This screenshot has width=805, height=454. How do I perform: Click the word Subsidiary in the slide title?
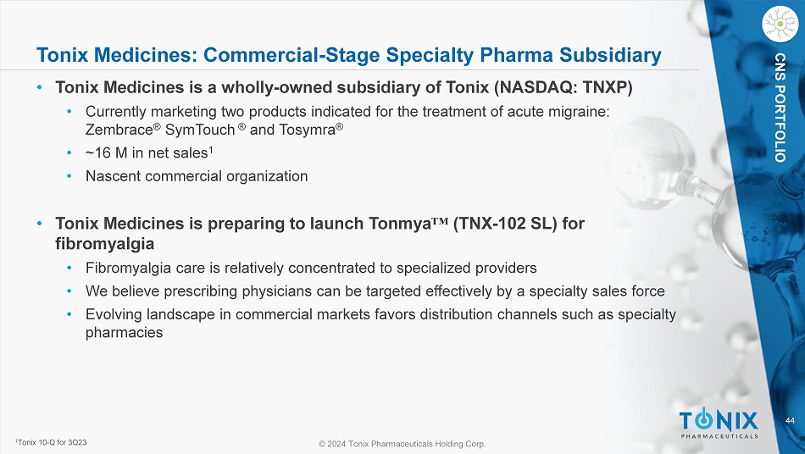coord(610,55)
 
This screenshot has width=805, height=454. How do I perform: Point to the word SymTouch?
coord(200,130)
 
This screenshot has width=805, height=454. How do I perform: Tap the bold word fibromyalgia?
coord(105,244)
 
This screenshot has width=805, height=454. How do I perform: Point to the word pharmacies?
coord(125,332)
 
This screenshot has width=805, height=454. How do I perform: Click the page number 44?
coord(790,421)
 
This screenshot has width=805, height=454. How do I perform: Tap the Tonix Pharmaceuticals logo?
coord(719,424)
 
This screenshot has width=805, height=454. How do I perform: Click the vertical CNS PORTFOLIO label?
coord(780,108)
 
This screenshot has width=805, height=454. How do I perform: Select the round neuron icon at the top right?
coord(780,24)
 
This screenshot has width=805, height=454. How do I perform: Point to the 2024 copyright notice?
coord(402,444)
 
